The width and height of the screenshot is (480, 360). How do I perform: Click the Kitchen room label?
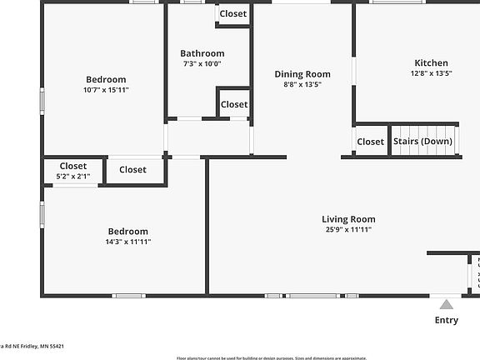(x=431, y=62)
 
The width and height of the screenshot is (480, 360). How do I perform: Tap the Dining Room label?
(x=302, y=74)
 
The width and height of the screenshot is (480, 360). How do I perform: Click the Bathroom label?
(x=202, y=53)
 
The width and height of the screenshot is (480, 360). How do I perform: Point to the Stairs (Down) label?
(x=422, y=142)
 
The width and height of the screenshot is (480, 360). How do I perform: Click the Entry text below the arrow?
(x=446, y=320)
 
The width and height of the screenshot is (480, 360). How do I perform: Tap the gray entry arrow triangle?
(x=446, y=304)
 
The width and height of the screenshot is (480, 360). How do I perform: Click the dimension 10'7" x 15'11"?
(x=106, y=90)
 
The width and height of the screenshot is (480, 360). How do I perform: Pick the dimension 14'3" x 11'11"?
(x=127, y=242)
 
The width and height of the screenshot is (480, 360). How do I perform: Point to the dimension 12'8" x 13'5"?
(x=431, y=73)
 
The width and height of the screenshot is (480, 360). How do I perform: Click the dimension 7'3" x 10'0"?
(x=202, y=64)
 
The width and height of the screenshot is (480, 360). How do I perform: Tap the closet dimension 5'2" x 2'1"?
(x=72, y=177)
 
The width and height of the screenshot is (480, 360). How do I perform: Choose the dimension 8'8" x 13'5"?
(x=302, y=84)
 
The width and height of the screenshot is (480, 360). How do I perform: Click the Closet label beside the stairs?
(x=370, y=142)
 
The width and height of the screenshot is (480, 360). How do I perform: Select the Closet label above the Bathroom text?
(x=233, y=14)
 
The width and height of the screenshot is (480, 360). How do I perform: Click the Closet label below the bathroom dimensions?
(x=234, y=104)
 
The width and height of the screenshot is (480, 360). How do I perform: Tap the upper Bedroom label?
(x=106, y=79)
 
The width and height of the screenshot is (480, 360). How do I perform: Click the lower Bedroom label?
(x=127, y=231)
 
